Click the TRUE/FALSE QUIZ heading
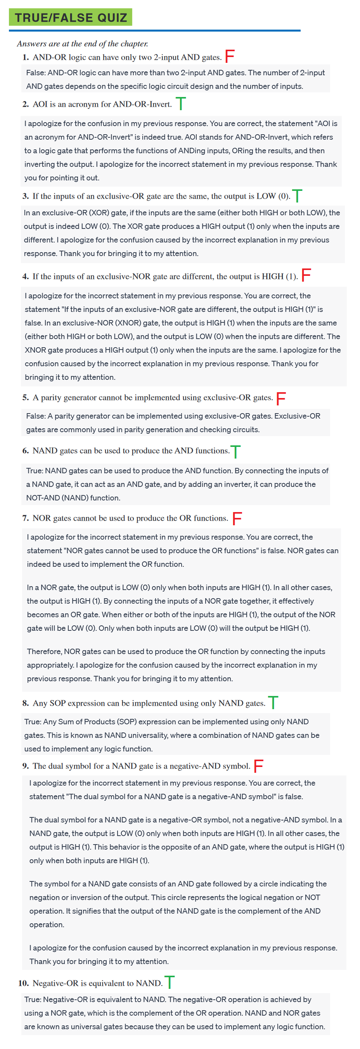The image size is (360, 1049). click(x=71, y=17)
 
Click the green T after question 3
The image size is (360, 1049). click(x=297, y=196)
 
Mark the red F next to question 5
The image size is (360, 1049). click(x=281, y=398)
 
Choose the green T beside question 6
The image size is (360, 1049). click(x=235, y=451)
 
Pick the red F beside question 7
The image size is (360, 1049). click(x=237, y=518)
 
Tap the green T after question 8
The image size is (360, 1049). click(x=273, y=703)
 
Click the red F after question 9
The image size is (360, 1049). click(x=259, y=765)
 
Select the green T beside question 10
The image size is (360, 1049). click(x=170, y=982)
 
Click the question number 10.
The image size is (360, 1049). click(x=23, y=983)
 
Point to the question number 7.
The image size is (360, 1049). click(x=25, y=518)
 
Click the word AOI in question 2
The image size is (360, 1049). click(x=40, y=104)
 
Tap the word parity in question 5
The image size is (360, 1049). click(x=51, y=397)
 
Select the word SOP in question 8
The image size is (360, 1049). click(x=57, y=703)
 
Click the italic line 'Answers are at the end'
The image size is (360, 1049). click(x=82, y=43)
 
